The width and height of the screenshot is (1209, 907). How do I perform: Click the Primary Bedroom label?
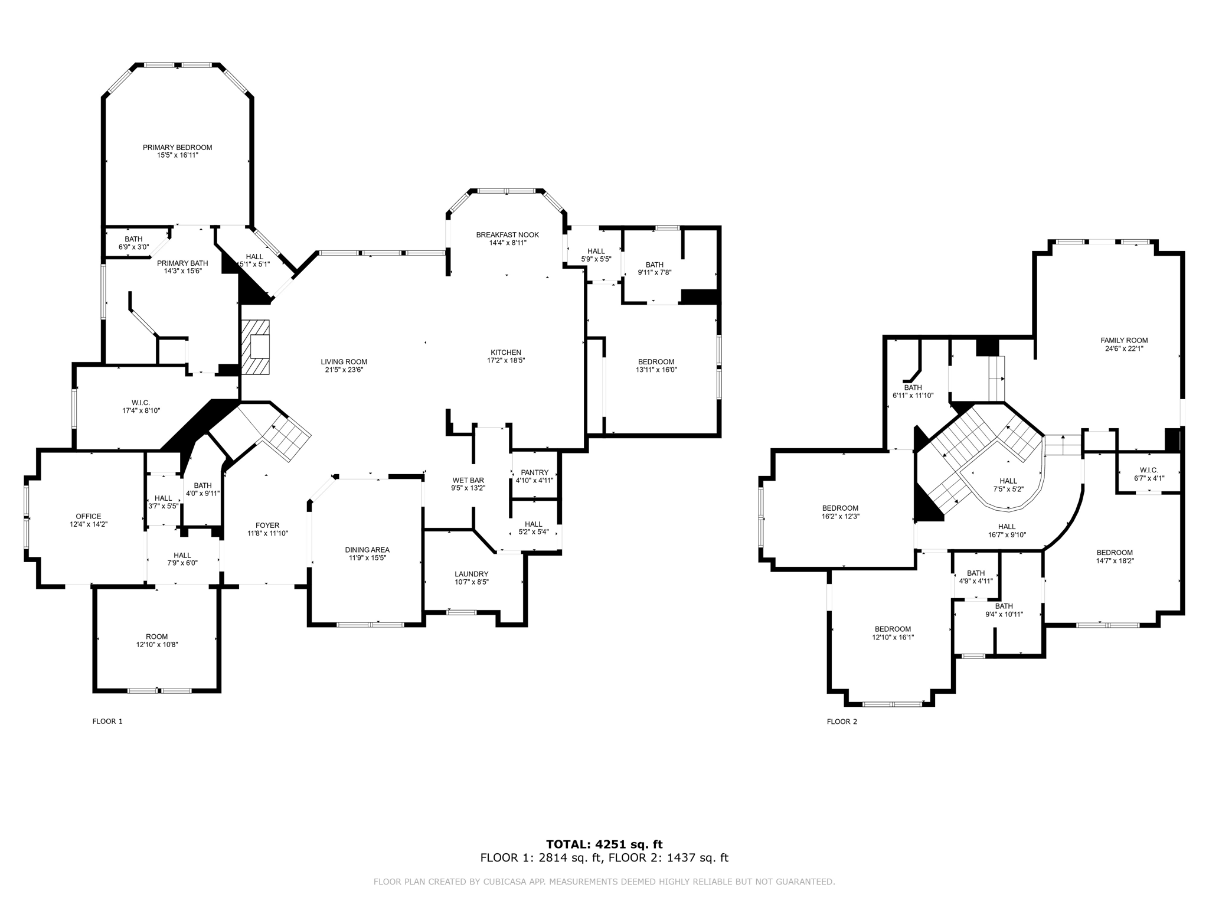[x=177, y=148]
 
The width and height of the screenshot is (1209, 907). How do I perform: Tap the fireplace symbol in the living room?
[x=256, y=347]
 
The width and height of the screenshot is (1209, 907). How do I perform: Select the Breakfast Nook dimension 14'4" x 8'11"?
[x=507, y=243]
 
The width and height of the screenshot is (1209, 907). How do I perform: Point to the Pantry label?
[x=534, y=472]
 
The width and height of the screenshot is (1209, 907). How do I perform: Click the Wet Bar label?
[x=468, y=480]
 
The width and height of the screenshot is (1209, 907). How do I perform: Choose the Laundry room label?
[x=471, y=574]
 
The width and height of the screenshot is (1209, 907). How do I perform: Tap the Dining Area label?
[x=367, y=550]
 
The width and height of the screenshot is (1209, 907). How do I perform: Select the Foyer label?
[x=267, y=526]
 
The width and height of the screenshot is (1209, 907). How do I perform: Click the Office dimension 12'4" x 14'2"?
[x=89, y=524]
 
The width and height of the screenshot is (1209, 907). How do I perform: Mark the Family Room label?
[x=1124, y=340]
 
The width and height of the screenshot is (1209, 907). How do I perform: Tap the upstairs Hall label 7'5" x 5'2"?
[x=1008, y=481]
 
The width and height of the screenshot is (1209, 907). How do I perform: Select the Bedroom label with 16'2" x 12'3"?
[x=840, y=508]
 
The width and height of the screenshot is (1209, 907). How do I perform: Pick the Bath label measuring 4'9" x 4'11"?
[x=976, y=573]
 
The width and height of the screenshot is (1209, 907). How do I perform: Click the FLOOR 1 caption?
[x=107, y=721]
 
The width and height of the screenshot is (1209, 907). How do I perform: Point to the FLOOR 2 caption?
[x=842, y=722]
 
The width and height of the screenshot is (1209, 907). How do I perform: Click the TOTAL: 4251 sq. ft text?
[x=604, y=844]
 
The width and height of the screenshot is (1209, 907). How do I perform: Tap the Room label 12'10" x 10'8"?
[x=157, y=637]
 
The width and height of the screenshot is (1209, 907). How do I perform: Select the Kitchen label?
[x=506, y=353]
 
